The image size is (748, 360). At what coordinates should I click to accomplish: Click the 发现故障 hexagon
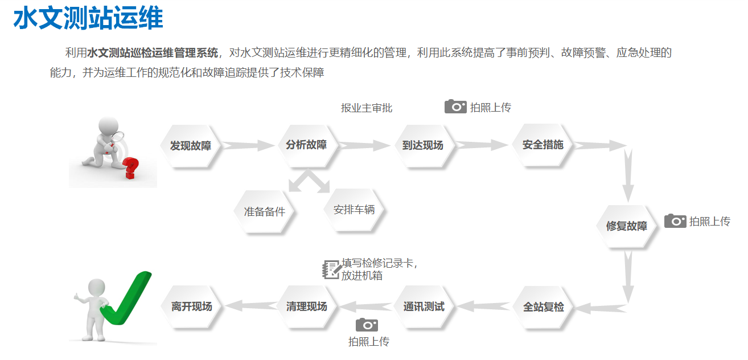tap(190, 146)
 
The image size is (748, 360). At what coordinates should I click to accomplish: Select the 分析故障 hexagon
tap(306, 145)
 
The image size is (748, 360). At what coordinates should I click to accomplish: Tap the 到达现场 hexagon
tap(423, 145)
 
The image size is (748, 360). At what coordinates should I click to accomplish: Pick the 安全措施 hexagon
tap(542, 145)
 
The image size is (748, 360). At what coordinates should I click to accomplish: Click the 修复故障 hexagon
tap(626, 226)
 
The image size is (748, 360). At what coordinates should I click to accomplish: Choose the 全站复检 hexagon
tap(543, 307)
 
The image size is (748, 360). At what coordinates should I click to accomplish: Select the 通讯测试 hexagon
tap(424, 306)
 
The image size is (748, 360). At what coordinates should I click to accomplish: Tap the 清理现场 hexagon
tap(307, 306)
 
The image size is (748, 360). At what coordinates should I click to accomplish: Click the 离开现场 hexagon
tap(191, 306)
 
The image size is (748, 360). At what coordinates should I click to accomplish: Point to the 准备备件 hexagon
tap(265, 211)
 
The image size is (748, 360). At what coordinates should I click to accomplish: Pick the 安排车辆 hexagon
tap(354, 210)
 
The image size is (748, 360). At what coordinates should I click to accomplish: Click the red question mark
tap(130, 168)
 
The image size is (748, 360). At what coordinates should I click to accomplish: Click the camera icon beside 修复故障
tap(675, 221)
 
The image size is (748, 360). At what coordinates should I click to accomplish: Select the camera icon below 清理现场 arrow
tap(367, 325)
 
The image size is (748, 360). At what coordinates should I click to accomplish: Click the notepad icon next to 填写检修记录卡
tap(332, 269)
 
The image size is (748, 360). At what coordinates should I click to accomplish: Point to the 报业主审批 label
tap(367, 108)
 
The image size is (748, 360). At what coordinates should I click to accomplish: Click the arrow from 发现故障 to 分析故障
tap(248, 145)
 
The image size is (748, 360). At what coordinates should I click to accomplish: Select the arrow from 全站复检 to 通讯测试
tap(483, 306)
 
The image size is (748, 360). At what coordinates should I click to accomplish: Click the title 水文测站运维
tap(88, 18)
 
